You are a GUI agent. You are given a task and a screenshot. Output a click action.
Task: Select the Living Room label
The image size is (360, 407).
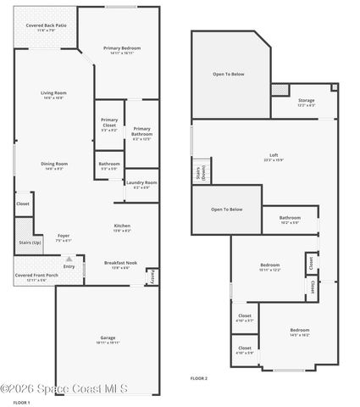(x=52, y=95)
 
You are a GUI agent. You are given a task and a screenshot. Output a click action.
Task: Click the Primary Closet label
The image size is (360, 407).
(x=109, y=124)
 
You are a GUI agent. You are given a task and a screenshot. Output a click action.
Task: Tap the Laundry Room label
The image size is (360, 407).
(x=141, y=184)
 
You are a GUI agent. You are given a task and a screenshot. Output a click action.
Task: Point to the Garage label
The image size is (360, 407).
(x=108, y=340)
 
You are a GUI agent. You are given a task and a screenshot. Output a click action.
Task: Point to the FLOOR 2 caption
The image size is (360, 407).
(x=198, y=377)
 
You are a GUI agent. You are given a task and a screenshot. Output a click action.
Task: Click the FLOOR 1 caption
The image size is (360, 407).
(x=22, y=403)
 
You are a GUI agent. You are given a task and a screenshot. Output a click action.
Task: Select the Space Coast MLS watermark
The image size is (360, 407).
(x=64, y=389)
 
